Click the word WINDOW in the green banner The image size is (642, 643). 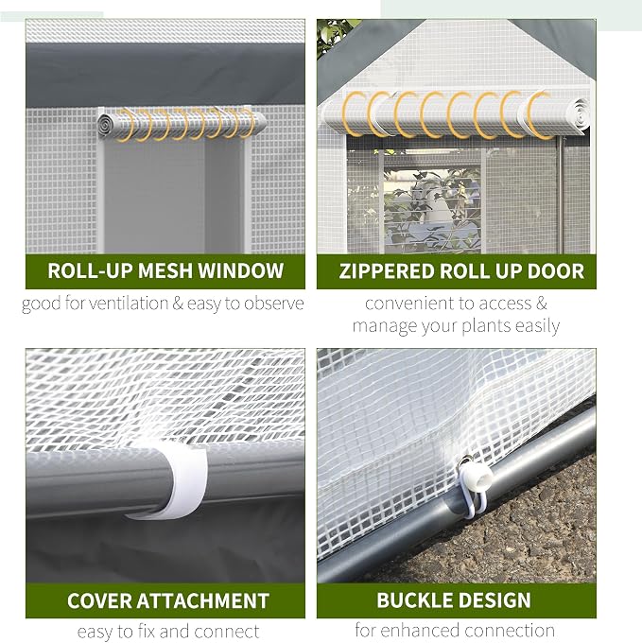[241, 270]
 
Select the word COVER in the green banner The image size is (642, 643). [99, 600]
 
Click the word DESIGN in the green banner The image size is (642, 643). [494, 600]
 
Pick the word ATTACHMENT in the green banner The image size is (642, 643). [202, 600]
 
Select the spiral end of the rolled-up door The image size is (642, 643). [579, 113]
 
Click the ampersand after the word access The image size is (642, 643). [542, 304]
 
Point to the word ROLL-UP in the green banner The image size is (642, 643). [90, 270]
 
